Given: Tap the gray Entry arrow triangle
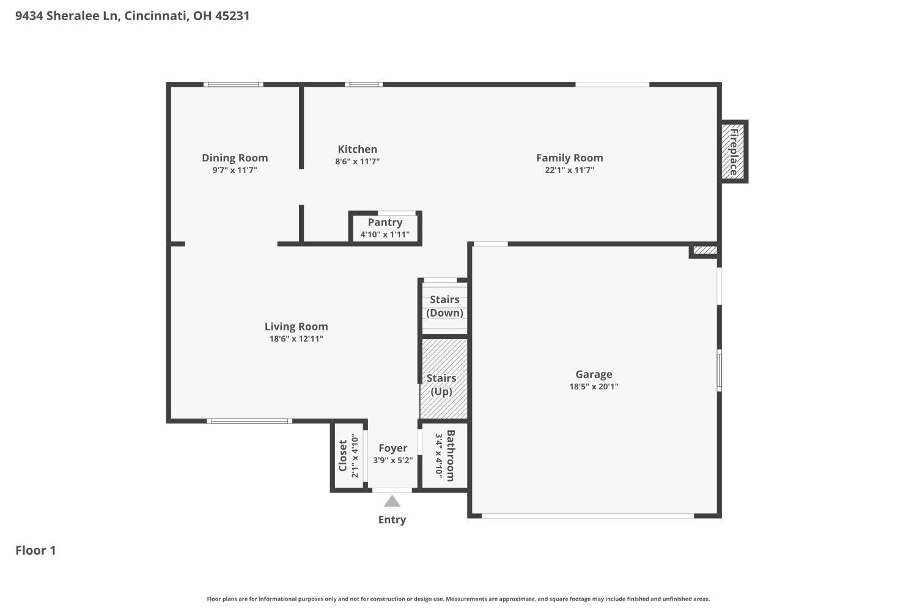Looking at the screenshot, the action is coord(392,501).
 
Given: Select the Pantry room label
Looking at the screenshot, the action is coord(385,222).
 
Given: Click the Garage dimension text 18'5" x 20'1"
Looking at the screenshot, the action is coord(594,386).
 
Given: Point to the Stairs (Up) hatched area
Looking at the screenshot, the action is coord(444,379).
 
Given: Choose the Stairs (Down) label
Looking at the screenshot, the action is coord(444,306).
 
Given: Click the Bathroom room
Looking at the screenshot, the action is coord(444,455).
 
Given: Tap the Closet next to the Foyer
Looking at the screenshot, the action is coord(349,455).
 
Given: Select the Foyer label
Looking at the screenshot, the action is coord(392,448).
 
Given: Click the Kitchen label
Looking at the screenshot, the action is coord(358,149).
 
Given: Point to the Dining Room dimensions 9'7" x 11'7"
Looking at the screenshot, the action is coord(235,170).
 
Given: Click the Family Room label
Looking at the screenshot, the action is coord(569,158).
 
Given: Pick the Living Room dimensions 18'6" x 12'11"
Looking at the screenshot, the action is coord(296,339).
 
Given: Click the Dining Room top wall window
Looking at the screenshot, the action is coord(234,85).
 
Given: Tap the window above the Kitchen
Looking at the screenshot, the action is coord(364,85).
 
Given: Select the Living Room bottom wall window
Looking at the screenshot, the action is coord(249,421).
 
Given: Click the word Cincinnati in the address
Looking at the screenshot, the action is coord(156,15).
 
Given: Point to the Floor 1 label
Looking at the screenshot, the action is coord(35,551).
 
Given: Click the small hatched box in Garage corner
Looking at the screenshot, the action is coord(705,250).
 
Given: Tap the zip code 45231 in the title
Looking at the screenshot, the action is coord(232,15).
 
